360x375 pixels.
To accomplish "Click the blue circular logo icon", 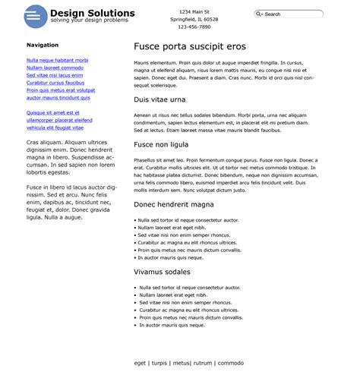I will [x=35, y=16].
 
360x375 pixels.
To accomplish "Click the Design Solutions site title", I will [x=92, y=13].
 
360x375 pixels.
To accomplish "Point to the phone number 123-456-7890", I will [x=194, y=27].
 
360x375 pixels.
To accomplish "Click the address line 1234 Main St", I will [x=194, y=11].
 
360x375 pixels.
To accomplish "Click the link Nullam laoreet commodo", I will [x=55, y=68].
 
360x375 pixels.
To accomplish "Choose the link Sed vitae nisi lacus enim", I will [x=55, y=75].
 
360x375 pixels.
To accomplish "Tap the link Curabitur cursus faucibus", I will [x=55, y=83].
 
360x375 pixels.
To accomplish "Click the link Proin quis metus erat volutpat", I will [x=61, y=90].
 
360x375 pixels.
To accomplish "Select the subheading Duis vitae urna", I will [x=159, y=99].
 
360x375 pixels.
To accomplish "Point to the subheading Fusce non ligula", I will [x=161, y=144].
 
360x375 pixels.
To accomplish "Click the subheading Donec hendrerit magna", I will [x=174, y=204].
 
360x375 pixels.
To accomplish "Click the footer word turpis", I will [x=159, y=363].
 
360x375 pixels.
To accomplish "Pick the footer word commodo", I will [x=231, y=363].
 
